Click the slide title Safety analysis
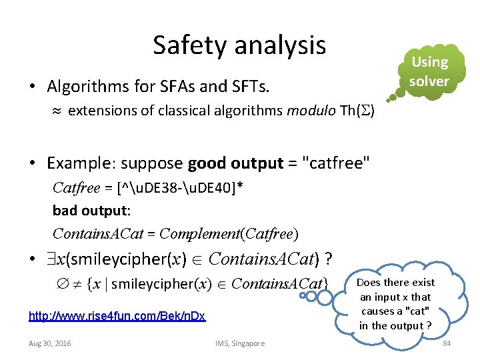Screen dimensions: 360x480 (x=239, y=45)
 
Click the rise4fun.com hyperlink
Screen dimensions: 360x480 (x=117, y=315)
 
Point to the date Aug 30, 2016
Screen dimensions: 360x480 (x=50, y=343)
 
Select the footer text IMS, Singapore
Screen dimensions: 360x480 (x=240, y=343)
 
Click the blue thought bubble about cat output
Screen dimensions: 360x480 (x=396, y=304)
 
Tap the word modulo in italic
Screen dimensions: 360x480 (x=306, y=111)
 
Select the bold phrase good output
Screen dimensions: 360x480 (x=231, y=163)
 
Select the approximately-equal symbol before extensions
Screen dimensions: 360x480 (x=57, y=111)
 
